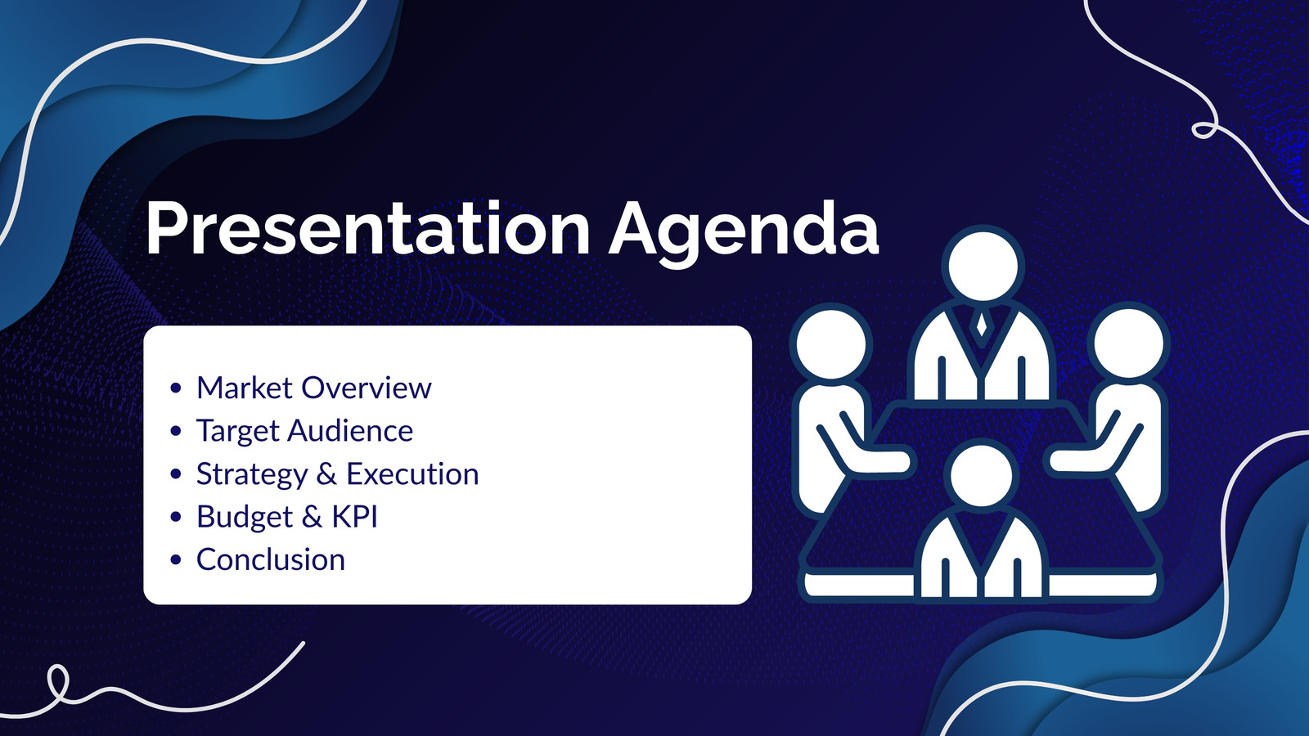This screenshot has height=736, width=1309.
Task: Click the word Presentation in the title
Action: [x=367, y=228]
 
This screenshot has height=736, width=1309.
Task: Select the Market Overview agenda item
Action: [x=314, y=388]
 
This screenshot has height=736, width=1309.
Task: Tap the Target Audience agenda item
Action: [x=304, y=431]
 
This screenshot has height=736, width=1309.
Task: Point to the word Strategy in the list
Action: [x=252, y=474]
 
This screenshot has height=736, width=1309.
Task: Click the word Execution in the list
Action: [x=412, y=473]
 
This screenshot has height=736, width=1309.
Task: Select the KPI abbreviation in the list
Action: [x=355, y=516]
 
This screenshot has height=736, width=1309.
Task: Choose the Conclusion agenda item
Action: [x=271, y=559]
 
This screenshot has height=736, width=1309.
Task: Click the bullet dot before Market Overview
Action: [x=176, y=388]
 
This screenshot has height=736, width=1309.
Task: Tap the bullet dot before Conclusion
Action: [x=176, y=559]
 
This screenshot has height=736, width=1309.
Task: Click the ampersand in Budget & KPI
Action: [x=312, y=516]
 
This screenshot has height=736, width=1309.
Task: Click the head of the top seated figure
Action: [x=983, y=266]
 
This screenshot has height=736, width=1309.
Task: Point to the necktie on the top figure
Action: [x=982, y=324]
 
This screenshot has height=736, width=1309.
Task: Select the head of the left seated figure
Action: [x=831, y=344]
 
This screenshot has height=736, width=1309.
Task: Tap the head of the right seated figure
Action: [x=1128, y=343]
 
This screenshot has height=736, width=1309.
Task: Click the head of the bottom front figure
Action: [x=981, y=475]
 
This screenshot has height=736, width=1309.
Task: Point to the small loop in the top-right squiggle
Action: [x=1204, y=130]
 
